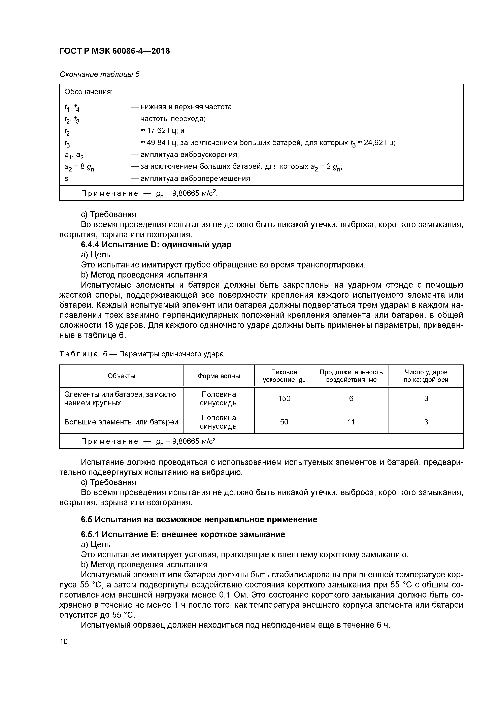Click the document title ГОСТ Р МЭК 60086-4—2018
(114, 51)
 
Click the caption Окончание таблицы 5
(99, 74)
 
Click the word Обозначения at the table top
(89, 92)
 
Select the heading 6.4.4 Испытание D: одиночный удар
(156, 245)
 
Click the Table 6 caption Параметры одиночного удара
(171, 354)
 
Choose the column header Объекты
(122, 376)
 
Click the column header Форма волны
(219, 376)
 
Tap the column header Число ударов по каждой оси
(426, 376)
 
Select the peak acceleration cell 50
(284, 422)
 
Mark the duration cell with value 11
(351, 422)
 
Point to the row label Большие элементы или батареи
(121, 422)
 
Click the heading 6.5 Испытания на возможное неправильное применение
(199, 519)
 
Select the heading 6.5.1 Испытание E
(183, 534)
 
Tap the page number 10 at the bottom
(64, 641)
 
